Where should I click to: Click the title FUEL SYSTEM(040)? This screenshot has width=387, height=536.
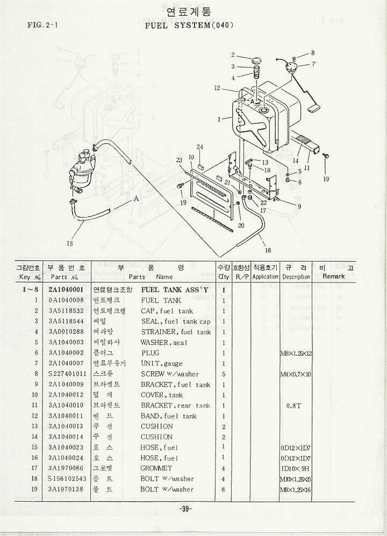(x=189, y=25)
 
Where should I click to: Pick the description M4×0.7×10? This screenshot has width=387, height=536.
(x=296, y=374)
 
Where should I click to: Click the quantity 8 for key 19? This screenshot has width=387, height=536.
(x=223, y=489)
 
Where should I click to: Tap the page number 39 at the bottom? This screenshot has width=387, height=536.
(x=186, y=509)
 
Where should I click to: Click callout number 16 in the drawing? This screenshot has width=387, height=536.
(x=268, y=250)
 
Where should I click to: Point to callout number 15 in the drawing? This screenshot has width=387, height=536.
(x=69, y=243)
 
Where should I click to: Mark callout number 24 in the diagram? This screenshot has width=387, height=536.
(x=199, y=147)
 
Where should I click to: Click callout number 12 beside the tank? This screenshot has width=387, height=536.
(x=217, y=88)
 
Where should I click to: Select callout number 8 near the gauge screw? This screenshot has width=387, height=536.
(x=313, y=53)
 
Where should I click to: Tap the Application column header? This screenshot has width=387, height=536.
(x=265, y=277)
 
